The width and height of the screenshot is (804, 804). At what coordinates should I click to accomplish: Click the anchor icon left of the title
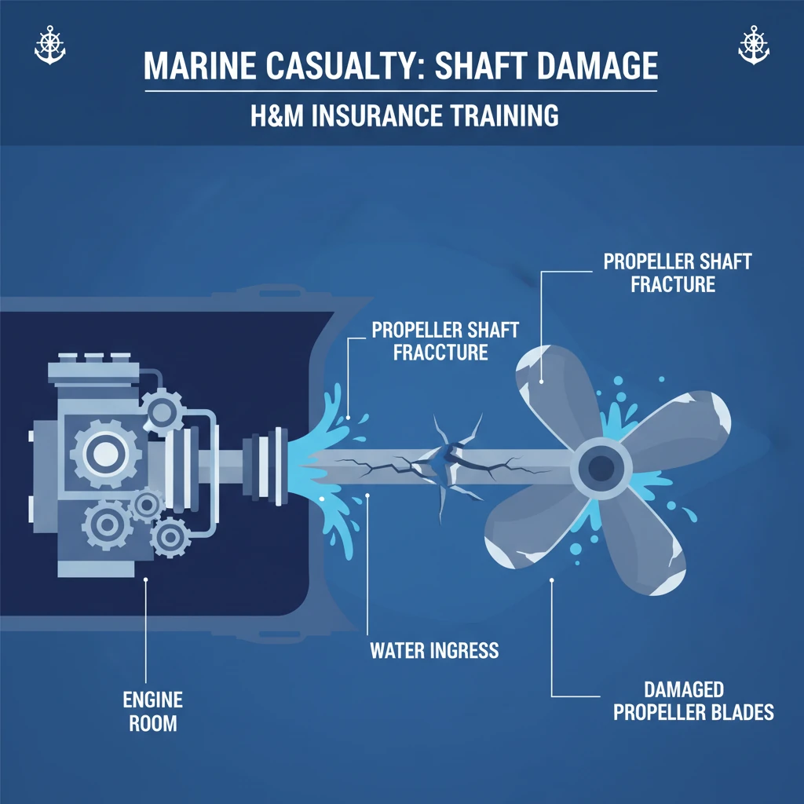pos(49,45)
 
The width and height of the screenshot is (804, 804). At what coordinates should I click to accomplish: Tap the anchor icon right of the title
pos(754,45)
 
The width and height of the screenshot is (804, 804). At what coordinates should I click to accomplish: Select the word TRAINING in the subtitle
pos(501,115)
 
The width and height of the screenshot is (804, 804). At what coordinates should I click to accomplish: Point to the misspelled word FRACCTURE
pos(440,353)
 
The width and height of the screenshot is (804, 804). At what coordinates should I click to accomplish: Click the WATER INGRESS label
pos(434,651)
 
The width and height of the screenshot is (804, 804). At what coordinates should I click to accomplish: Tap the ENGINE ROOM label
pos(153,711)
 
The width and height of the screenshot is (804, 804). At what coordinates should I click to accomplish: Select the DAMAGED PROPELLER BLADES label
pos(694,701)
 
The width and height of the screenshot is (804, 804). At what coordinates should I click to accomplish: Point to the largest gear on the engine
pos(106,454)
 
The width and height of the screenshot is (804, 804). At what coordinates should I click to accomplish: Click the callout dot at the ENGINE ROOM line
pos(145,579)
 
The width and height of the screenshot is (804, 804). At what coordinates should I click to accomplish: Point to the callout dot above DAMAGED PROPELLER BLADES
pos(552,580)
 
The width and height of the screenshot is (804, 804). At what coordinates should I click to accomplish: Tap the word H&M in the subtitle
pos(277,115)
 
